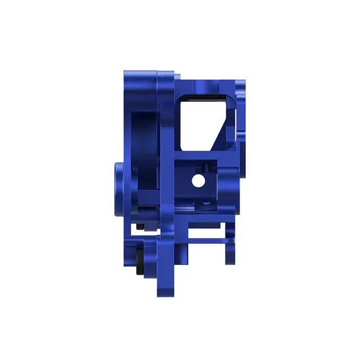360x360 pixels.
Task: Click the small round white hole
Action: click(x=198, y=181)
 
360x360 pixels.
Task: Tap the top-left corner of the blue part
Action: click(x=125, y=73)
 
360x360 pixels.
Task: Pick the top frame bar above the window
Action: click(x=205, y=84)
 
